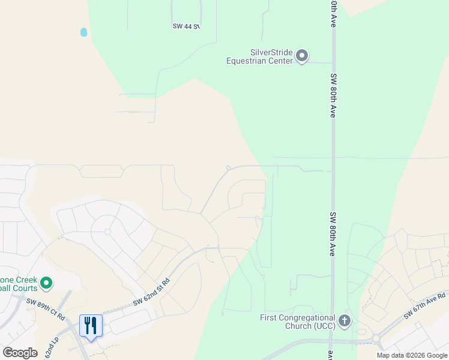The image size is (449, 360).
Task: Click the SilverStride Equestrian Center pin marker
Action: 302,56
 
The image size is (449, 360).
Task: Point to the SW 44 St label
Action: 185,26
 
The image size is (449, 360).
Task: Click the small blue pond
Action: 84,32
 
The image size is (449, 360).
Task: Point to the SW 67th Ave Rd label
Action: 424,305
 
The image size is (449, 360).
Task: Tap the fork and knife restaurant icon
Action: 91,325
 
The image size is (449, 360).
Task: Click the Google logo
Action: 20,353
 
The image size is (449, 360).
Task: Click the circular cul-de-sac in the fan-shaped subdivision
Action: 107,231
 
